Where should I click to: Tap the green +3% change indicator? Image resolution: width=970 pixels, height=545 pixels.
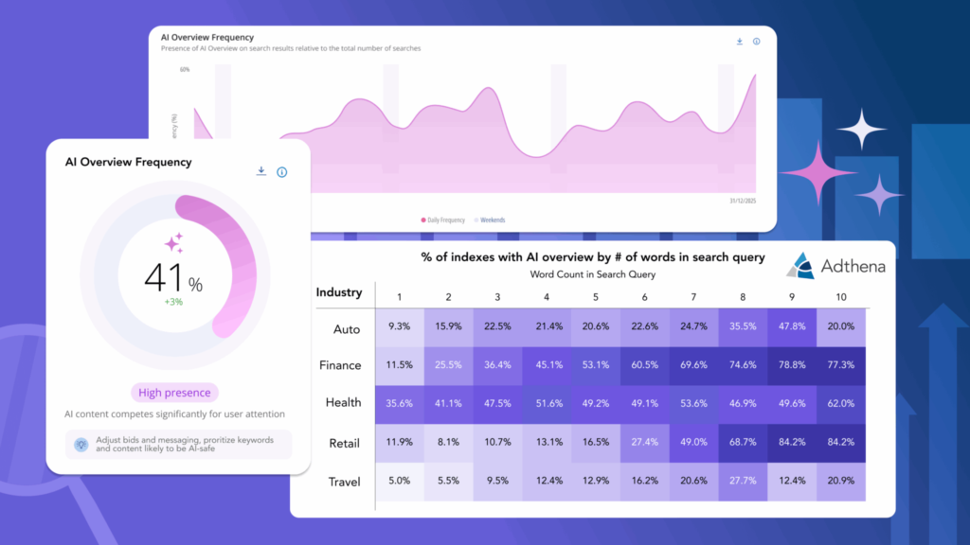172,303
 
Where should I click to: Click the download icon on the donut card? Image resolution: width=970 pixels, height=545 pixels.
261,171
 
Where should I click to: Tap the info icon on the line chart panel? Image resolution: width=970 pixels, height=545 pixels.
756,42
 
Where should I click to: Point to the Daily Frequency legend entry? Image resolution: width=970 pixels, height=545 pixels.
443,220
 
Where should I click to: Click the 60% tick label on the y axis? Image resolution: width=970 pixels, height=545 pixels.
185,70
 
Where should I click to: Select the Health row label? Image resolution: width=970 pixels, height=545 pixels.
343,402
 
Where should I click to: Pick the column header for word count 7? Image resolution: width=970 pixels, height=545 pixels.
693,297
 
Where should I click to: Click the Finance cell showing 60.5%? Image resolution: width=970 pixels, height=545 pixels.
644,365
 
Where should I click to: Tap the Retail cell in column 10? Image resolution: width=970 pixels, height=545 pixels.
841,442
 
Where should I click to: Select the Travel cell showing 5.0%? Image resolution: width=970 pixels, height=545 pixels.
400,482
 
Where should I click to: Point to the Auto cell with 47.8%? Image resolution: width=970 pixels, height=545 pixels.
792,327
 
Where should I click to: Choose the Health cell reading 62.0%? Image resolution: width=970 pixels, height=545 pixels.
841,403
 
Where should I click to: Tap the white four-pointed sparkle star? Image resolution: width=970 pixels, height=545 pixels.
860,130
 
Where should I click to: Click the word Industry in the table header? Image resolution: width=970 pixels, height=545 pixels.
339,292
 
